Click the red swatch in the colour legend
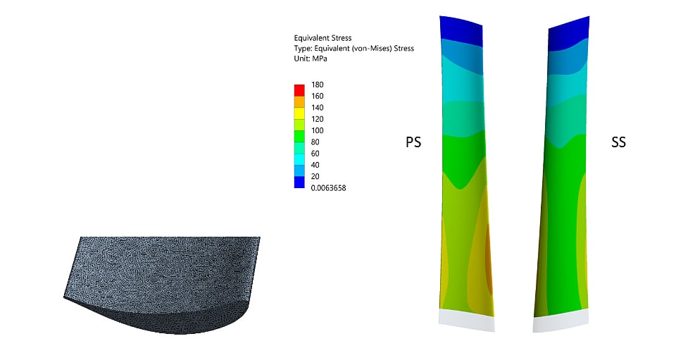pos(299,90)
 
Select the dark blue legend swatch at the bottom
pos(299,182)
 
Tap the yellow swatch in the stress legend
pos(299,113)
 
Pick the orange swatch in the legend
pos(299,101)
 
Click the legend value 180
pos(318,85)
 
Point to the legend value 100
pos(318,130)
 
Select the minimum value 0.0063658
pos(329,188)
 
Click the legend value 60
pos(315,154)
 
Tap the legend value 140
pos(318,108)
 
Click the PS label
pos(413,142)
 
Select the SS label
pos(618,142)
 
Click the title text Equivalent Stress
pos(322,38)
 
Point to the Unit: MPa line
pos(311,59)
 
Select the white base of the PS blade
pos(466,321)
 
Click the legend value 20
pos(315,176)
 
